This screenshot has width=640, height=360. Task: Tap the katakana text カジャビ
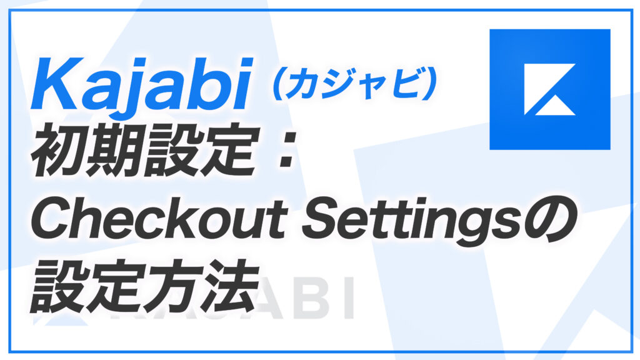[354, 84]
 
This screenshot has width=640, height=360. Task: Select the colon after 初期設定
[285, 151]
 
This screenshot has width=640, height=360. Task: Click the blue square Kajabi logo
[550, 89]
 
